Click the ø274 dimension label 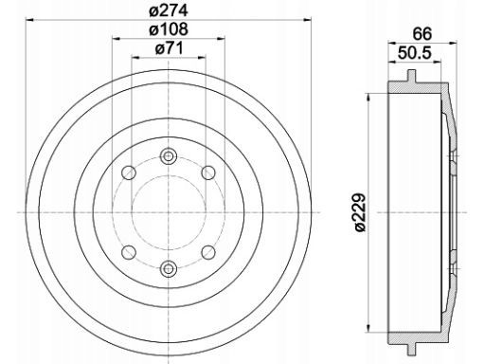coord(169,10)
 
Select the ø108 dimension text coord(169,29)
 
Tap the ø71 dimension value coord(169,48)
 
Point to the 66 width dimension coord(422,34)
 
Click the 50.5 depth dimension coord(414,53)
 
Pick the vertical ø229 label coord(359,212)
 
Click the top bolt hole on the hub coord(169,156)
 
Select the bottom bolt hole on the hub coord(169,268)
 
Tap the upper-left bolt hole coord(129,173)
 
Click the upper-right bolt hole coord(208,173)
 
